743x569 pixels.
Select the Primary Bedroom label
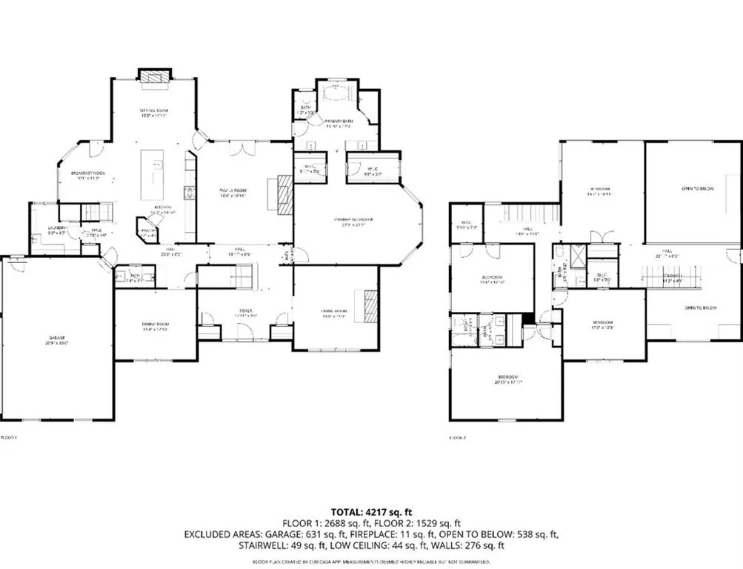[x=353, y=220]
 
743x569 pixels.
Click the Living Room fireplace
[x=370, y=305]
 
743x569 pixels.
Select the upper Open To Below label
[x=696, y=189]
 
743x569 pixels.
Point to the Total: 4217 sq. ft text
[x=371, y=511]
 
